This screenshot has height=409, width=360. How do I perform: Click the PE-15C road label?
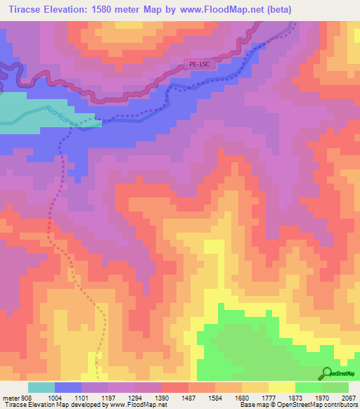click(200, 64)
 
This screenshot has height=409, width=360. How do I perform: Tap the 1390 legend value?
click(161, 397)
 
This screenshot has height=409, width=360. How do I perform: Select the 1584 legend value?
click(214, 397)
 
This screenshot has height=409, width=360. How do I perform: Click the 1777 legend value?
click(268, 397)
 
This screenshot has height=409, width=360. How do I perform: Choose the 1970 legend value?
click(321, 397)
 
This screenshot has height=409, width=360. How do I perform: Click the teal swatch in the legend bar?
click(41, 387)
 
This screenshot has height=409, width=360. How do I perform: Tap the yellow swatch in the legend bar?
click(281, 387)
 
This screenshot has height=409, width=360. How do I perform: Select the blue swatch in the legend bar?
click(67, 387)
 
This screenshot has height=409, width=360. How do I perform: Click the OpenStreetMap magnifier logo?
click(327, 373)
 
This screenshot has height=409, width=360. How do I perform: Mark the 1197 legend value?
click(108, 397)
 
